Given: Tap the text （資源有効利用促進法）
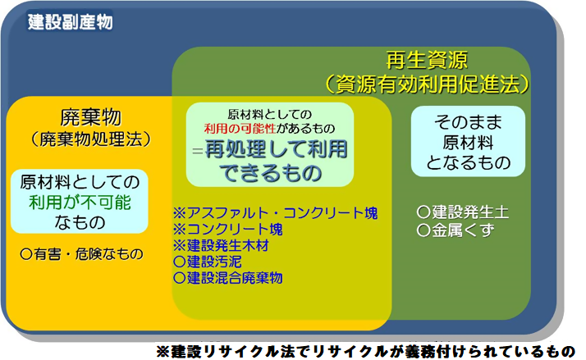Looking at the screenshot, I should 427,84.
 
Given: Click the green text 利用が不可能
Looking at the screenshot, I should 80,201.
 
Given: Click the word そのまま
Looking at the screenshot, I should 467,121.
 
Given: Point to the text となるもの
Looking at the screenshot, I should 467,163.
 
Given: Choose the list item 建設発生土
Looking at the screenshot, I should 463,212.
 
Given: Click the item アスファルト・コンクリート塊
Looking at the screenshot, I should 275,213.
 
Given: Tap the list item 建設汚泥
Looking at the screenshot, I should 213,262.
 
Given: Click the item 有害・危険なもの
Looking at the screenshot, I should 81,254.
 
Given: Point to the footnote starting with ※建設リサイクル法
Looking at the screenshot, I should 366,349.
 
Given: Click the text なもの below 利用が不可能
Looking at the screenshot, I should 80,221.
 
